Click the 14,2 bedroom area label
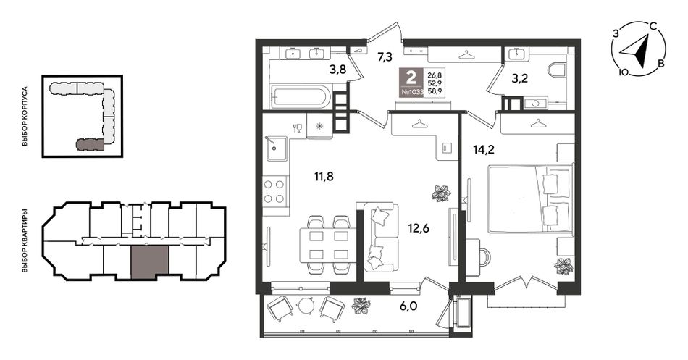pos(484,150)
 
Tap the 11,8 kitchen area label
pos(324,177)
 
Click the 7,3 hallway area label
pos(385,56)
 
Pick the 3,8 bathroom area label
pos(337,69)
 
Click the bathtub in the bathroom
pos(301,97)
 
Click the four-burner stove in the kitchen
pos(275,192)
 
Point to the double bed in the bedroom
pos(530,198)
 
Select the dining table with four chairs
pos(329,245)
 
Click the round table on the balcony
pos(305,306)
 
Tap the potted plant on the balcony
pos(361,305)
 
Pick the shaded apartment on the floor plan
pos(150,262)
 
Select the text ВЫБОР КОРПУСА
pos(25,116)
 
